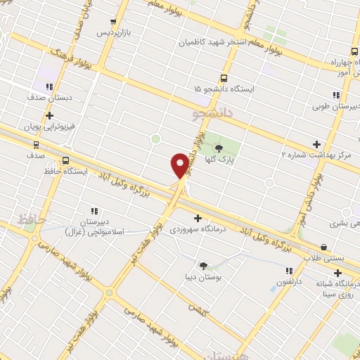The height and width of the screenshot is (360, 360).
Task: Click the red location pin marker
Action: pos(181,165)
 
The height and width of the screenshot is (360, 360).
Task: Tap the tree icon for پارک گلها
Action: pos(219,148)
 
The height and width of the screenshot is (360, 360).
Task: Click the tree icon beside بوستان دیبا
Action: pos(203,266)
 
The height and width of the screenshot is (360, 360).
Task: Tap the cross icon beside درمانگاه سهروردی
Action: pos(198,218)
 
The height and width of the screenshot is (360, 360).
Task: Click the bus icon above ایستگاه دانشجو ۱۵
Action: pos(224,78)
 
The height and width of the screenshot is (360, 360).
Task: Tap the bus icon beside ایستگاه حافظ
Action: pos(65,160)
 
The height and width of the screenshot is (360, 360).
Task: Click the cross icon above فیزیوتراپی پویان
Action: pos(49,115)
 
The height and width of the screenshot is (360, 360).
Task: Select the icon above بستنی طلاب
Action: pos(323,247)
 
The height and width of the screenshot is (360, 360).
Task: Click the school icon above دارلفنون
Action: pos(288,271)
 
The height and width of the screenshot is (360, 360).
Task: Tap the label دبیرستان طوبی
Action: pos(335,107)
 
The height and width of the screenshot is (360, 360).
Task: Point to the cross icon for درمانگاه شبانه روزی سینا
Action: pos(337,273)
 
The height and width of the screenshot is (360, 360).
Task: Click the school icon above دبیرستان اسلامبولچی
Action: pos(94,210)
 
